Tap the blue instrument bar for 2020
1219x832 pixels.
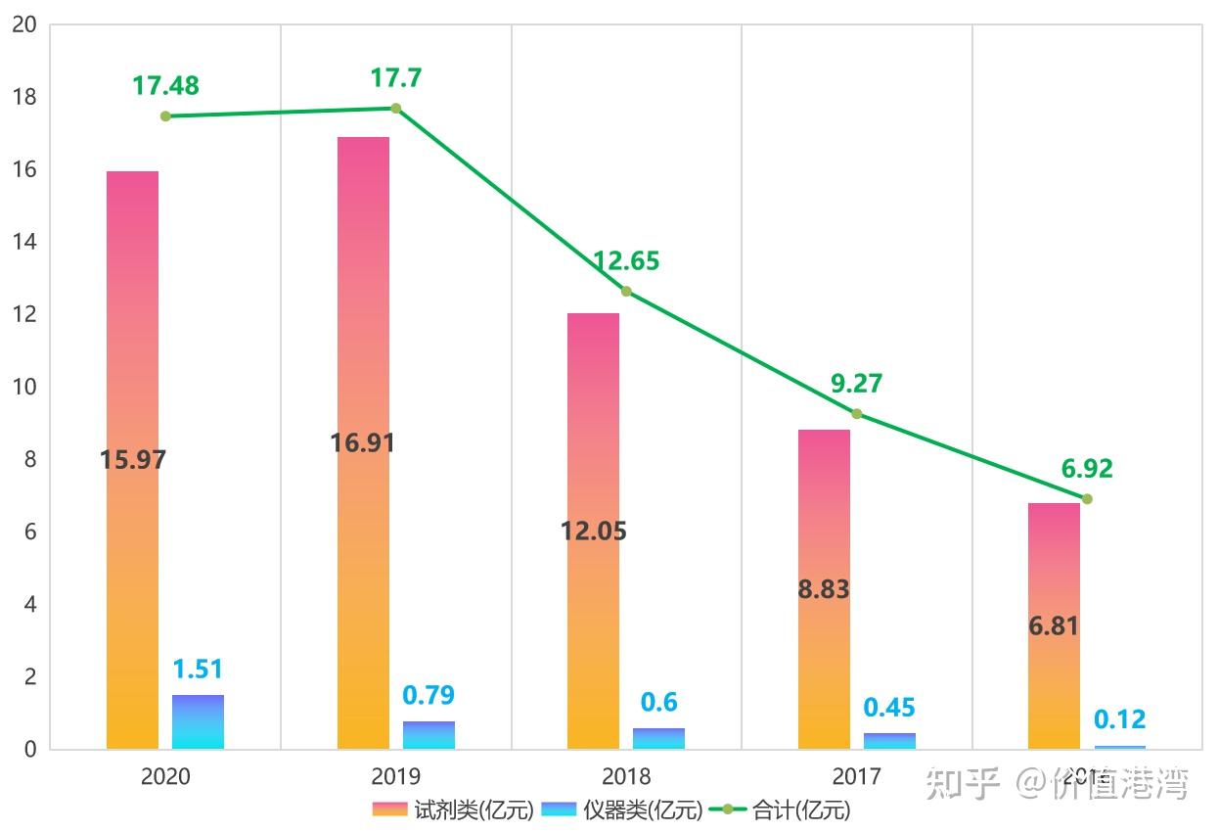click(x=198, y=721)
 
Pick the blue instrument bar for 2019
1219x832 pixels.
click(x=429, y=735)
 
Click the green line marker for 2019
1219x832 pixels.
click(x=396, y=108)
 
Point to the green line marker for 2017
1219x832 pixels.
click(x=857, y=414)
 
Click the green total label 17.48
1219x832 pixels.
click(x=165, y=86)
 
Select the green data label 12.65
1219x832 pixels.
click(x=626, y=261)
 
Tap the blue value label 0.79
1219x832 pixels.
click(x=429, y=696)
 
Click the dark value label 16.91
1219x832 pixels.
click(x=362, y=443)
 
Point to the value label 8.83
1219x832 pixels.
click(x=824, y=590)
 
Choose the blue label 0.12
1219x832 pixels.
click(x=1119, y=720)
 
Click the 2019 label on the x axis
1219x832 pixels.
click(x=396, y=777)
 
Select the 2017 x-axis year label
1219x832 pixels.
click(x=857, y=777)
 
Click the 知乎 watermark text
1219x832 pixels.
click(x=964, y=783)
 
